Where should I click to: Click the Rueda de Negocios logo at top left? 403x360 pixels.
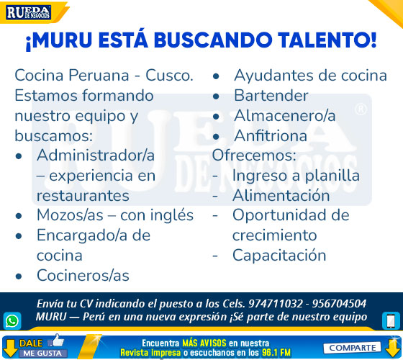click(29, 12)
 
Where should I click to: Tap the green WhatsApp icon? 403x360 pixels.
click(12, 320)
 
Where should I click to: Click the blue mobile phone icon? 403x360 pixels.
click(391, 320)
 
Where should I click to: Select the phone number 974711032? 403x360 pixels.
click(276, 304)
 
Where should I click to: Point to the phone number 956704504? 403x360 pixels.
click(339, 304)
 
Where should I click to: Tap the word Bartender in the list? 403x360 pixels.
click(271, 96)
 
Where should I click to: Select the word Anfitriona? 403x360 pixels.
click(271, 135)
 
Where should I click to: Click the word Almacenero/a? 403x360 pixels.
click(285, 115)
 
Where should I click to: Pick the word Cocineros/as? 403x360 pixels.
click(83, 275)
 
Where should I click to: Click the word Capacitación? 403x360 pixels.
click(279, 256)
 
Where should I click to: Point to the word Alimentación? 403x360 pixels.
click(281, 195)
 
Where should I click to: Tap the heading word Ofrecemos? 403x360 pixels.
click(253, 156)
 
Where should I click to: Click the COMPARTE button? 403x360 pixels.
click(352, 348)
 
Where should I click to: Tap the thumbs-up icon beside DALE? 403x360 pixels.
click(56, 341)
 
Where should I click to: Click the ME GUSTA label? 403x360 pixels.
click(42, 353)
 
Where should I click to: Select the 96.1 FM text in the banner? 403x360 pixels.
click(276, 352)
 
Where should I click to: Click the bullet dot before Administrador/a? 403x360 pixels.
click(19, 156)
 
